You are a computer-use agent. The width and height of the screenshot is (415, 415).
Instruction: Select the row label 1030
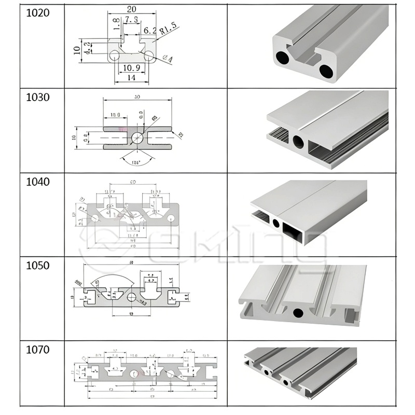(38, 97)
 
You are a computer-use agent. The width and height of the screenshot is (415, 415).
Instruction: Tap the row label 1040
(38, 182)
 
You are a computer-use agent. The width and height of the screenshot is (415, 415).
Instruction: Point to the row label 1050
(38, 266)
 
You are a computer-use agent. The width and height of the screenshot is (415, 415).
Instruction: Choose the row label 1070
(38, 350)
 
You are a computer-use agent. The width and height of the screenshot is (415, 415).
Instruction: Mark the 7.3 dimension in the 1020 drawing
(132, 20)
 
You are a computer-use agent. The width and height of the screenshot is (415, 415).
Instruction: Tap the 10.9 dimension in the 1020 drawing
(131, 68)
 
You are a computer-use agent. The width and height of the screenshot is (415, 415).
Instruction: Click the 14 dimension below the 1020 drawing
(131, 77)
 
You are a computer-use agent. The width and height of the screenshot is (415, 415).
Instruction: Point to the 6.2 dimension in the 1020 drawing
(150, 31)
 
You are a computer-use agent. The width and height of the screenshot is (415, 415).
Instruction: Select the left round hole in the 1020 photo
(284, 57)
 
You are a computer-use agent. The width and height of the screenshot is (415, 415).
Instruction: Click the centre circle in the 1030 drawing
(138, 137)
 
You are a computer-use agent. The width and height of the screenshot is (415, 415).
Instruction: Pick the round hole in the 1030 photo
(298, 141)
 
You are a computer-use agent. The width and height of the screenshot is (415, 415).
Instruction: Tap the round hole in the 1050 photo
(298, 313)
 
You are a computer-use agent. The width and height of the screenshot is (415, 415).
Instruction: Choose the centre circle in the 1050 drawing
(132, 297)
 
